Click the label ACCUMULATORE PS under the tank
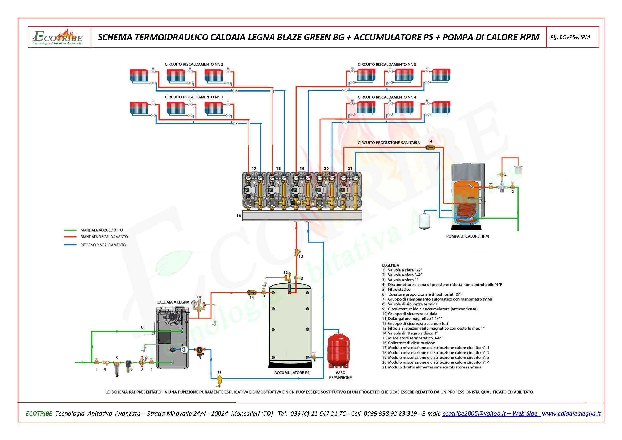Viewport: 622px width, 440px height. click(x=291, y=373)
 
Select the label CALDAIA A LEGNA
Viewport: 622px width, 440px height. click(x=173, y=302)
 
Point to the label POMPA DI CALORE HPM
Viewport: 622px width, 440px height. click(x=467, y=236)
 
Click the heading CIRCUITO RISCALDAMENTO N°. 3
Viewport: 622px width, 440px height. click(x=387, y=64)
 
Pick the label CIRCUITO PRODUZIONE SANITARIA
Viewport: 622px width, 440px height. click(x=389, y=143)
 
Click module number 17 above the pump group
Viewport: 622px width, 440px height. click(x=254, y=168)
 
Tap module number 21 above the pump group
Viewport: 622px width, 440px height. click(x=350, y=168)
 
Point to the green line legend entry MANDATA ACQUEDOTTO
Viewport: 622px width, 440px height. click(x=102, y=230)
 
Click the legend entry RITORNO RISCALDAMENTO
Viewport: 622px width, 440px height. click(x=103, y=245)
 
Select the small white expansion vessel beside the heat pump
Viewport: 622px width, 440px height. click(x=423, y=222)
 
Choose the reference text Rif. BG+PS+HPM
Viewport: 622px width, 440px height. click(x=570, y=37)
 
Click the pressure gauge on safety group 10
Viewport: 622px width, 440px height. click(x=194, y=303)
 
